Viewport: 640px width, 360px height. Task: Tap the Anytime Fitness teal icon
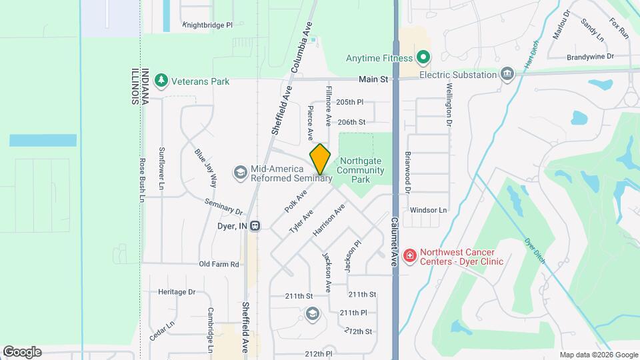(422, 58)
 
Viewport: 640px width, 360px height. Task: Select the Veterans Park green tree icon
(160, 81)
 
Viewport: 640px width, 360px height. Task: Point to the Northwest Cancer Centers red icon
(410, 255)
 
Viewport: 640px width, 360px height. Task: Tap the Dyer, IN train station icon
(255, 226)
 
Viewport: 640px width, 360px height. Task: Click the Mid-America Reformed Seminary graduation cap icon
(239, 173)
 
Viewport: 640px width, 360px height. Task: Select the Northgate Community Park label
(361, 170)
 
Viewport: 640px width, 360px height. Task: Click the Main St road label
(373, 79)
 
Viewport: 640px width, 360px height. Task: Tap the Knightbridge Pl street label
(207, 25)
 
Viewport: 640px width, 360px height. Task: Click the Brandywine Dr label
(589, 57)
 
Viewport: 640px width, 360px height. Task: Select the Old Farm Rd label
(219, 264)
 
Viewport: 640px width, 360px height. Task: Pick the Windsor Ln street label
(428, 210)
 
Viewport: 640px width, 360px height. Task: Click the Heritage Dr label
(177, 292)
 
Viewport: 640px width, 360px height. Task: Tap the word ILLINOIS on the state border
(134, 87)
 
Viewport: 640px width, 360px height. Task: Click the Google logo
(22, 352)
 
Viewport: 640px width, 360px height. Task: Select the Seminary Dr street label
(223, 207)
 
